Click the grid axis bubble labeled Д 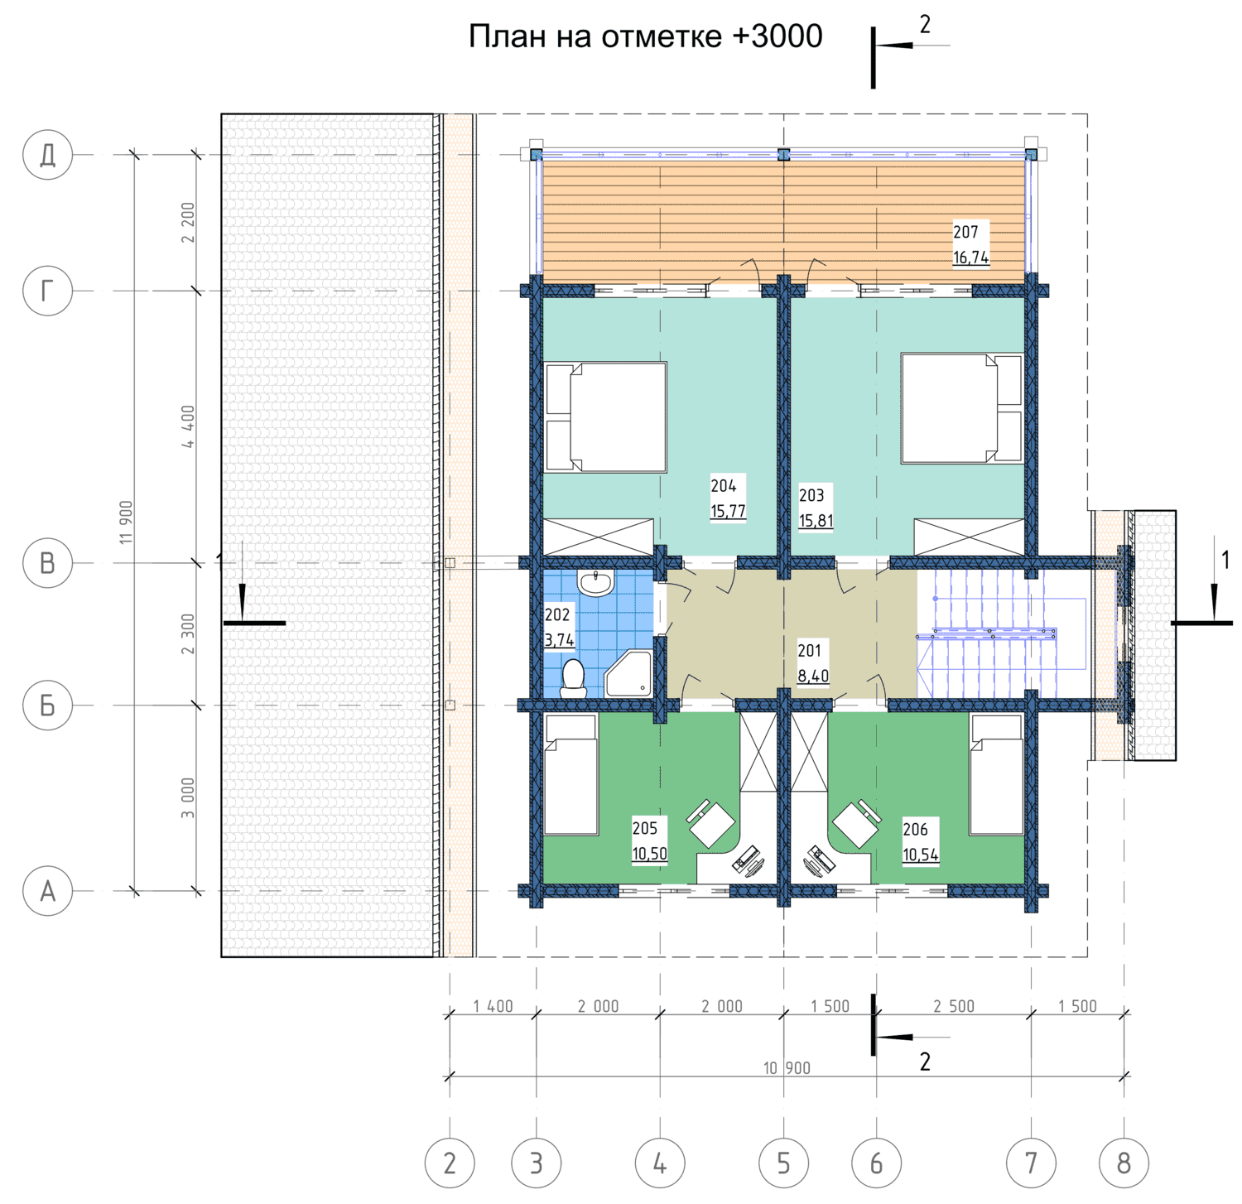[x=48, y=154]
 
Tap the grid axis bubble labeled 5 [x=783, y=1163]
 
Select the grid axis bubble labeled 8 [x=1124, y=1163]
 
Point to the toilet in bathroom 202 [x=573, y=678]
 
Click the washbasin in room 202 [x=595, y=582]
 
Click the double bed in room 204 [x=606, y=417]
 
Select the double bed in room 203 [x=962, y=408]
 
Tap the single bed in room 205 [x=571, y=775]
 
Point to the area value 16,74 [x=970, y=258]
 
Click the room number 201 [x=809, y=651]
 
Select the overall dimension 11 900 [x=126, y=523]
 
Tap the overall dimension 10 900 [x=787, y=1068]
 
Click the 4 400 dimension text [x=189, y=426]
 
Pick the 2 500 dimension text [x=954, y=1006]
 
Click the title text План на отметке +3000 [x=646, y=36]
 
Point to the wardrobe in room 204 [x=598, y=537]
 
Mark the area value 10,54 [x=921, y=855]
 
